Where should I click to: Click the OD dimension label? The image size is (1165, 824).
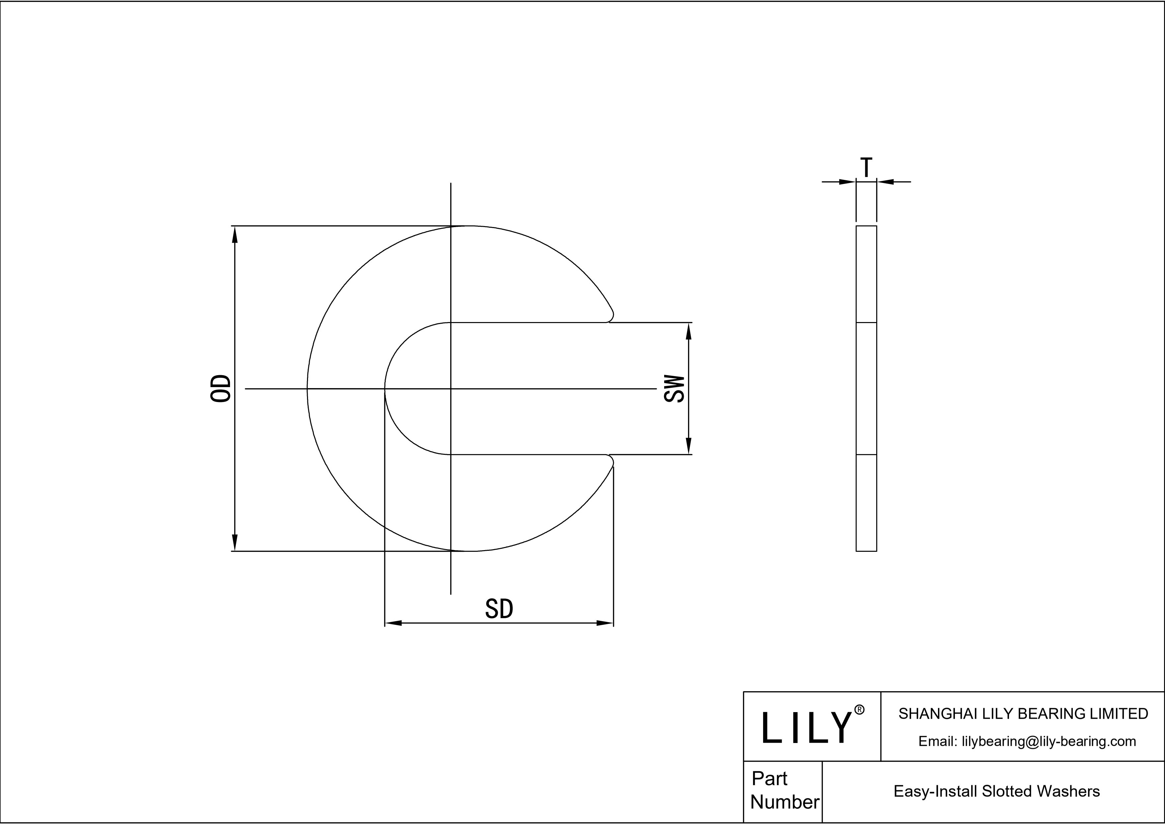[221, 389]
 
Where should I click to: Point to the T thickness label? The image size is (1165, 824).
[867, 168]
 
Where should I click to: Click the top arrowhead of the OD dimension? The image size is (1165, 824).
[234, 234]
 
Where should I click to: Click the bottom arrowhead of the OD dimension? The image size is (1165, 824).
[234, 542]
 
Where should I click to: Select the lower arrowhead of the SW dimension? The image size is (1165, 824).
[689, 446]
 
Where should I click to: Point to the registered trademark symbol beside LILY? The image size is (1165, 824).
[860, 710]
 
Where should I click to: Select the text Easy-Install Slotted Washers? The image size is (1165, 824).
[996, 791]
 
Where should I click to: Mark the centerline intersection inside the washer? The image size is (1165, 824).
[451, 389]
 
